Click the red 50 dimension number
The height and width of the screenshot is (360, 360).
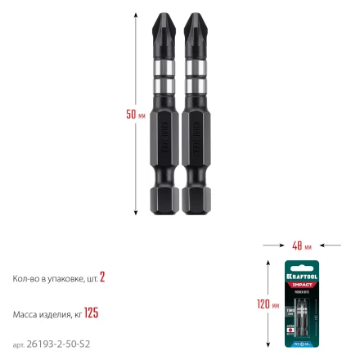(131, 114)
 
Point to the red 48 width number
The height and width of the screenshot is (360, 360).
(297, 245)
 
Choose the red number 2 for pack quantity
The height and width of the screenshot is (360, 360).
(102, 278)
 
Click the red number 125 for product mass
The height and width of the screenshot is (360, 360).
(91, 313)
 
